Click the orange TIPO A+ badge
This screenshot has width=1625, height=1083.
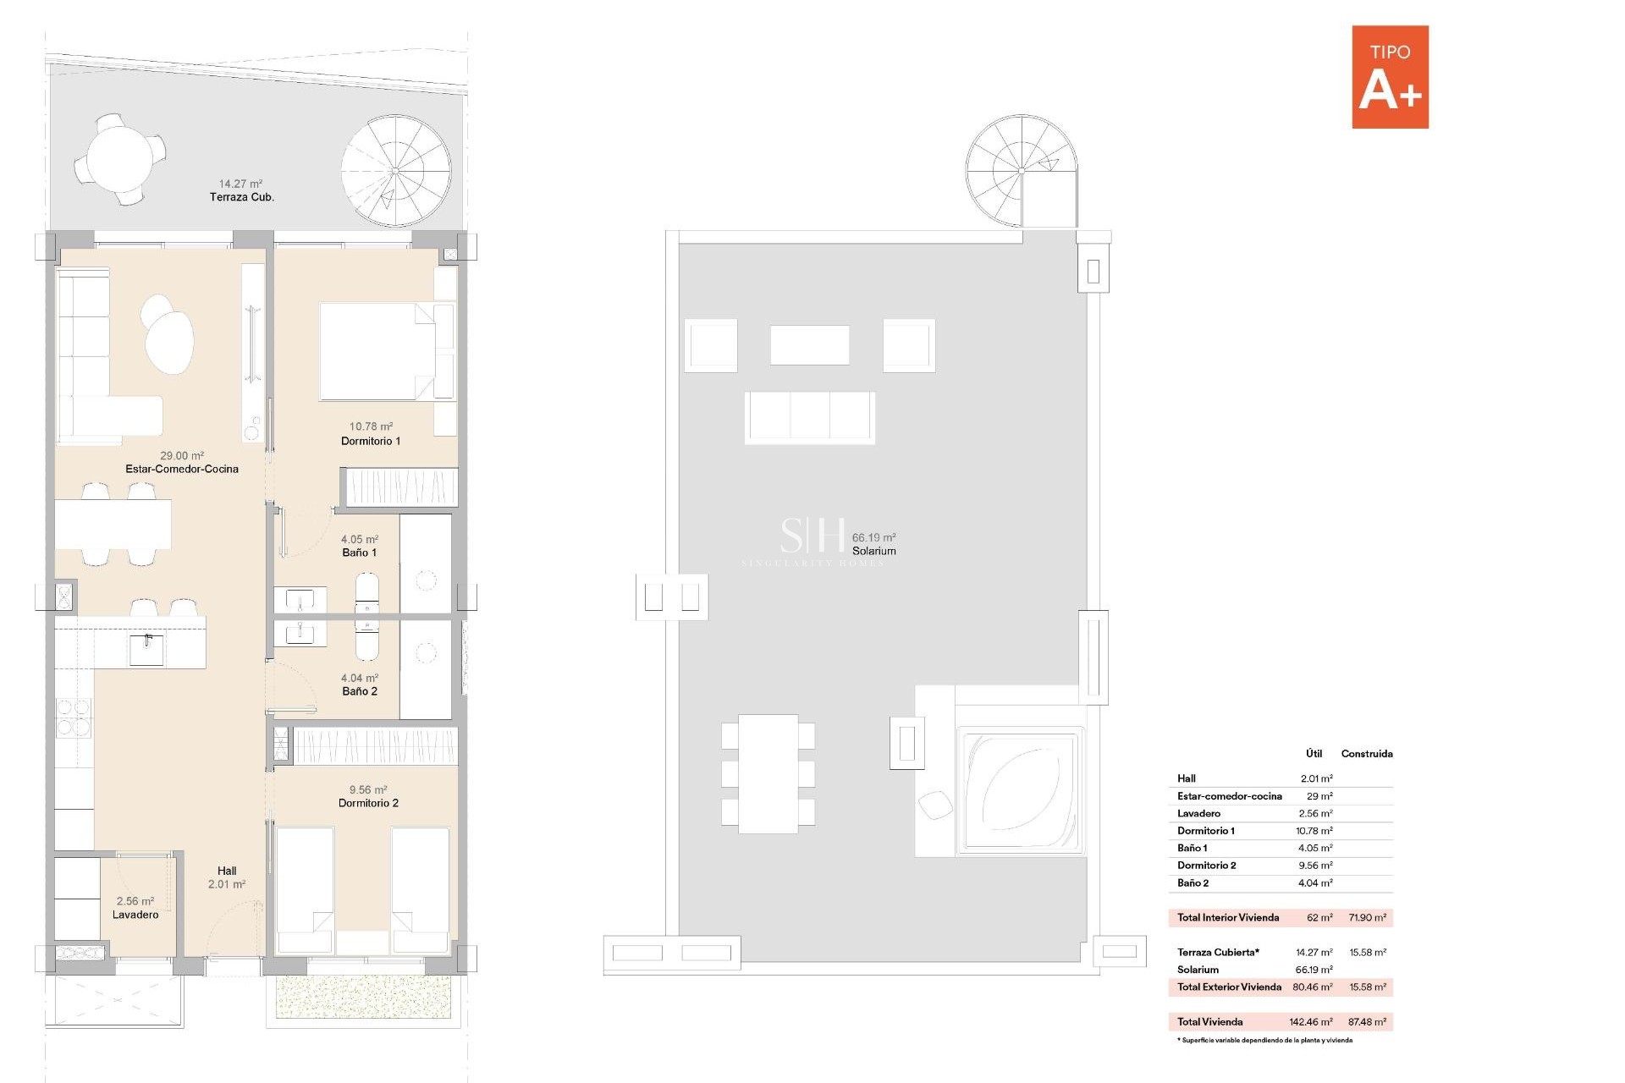(x=1390, y=77)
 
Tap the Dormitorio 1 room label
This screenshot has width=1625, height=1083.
(x=371, y=441)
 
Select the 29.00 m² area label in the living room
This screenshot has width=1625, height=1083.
(x=182, y=455)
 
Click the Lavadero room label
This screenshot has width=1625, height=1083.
(x=135, y=915)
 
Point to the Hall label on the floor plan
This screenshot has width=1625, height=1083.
(x=227, y=871)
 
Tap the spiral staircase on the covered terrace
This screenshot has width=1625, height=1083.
(x=395, y=171)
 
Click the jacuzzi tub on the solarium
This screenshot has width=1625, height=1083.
(x=1021, y=790)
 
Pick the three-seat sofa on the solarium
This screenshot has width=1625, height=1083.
(x=810, y=417)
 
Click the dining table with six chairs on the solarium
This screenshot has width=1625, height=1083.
(x=768, y=773)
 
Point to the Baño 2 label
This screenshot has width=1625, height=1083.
(x=360, y=691)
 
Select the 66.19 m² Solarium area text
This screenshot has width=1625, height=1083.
(x=873, y=537)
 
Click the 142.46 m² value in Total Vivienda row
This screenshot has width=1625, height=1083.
(x=1310, y=1021)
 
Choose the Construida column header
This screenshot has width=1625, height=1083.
(x=1366, y=753)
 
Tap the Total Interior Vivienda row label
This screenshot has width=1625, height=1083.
(x=1227, y=917)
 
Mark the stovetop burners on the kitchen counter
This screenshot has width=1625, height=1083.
(x=74, y=717)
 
